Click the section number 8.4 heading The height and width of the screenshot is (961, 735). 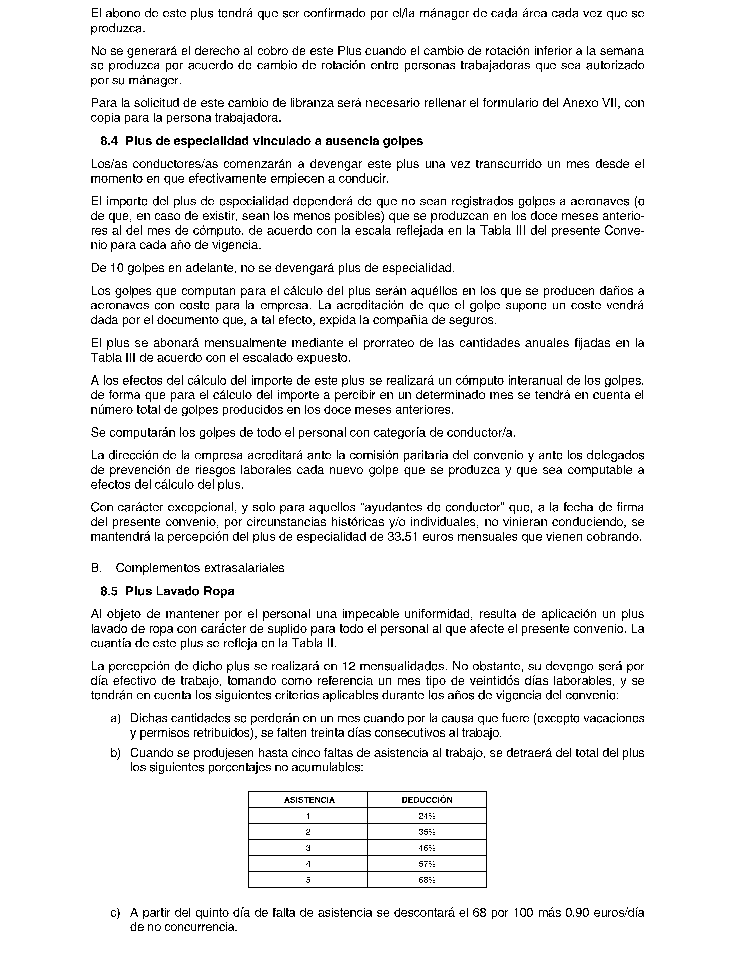(109, 141)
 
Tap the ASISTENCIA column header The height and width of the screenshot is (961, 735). (309, 800)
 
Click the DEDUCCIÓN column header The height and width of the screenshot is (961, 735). (427, 800)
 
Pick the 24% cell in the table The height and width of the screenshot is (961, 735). (427, 816)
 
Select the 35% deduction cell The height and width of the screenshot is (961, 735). (427, 832)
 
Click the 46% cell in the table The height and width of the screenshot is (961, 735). (427, 848)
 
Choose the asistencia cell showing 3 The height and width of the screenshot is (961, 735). (308, 848)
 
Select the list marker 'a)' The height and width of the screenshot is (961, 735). (115, 718)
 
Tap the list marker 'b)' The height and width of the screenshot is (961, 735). (115, 753)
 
